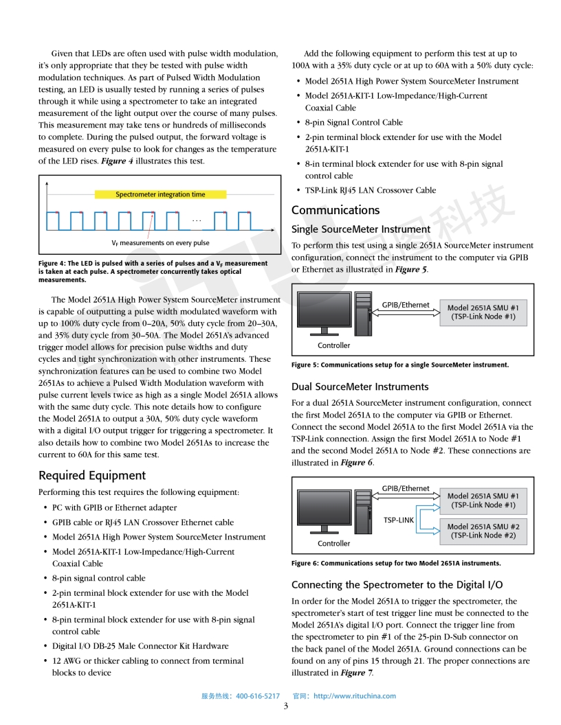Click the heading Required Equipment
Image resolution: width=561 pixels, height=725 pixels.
coord(92,475)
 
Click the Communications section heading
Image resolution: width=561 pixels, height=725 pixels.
coord(335,210)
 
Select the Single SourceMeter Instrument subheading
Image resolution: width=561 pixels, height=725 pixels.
coord(361,229)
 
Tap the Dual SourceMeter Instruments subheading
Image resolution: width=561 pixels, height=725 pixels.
coord(360,387)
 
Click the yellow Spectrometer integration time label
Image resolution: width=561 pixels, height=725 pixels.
coord(160,194)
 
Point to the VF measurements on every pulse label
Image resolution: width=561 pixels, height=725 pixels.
coord(160,243)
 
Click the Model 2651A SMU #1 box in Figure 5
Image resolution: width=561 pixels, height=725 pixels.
coord(483,312)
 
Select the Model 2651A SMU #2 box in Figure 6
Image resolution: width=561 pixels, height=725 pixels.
coord(483,531)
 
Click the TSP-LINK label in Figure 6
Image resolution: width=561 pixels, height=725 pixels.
coord(399,520)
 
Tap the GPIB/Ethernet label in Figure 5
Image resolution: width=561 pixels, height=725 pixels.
coord(406,305)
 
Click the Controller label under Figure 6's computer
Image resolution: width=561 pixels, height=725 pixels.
coord(333,543)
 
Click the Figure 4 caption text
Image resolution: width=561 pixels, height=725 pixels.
coord(153,271)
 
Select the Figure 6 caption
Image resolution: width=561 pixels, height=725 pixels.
coord(396,563)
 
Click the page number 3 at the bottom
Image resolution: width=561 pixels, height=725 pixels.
coord(285,707)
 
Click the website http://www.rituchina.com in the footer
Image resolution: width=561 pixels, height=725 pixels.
coord(354,695)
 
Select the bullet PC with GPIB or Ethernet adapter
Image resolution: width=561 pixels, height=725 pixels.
coord(114,507)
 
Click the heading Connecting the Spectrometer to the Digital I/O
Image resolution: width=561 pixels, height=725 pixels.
coord(397,585)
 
